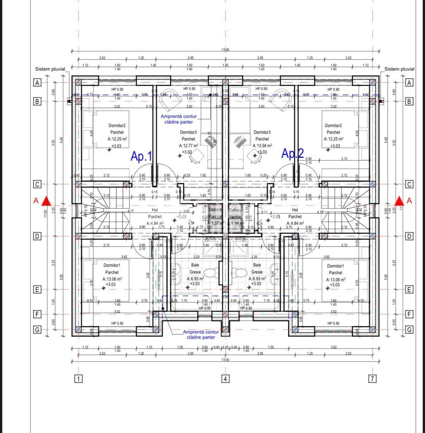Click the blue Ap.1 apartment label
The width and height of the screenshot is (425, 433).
(x=141, y=156)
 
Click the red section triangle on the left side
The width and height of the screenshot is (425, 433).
(x=47, y=200)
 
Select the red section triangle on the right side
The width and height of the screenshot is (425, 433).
(x=399, y=200)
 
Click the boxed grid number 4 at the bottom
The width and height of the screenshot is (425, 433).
(x=226, y=378)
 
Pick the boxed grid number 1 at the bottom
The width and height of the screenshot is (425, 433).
(x=79, y=378)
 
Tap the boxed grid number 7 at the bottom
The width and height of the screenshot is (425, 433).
(x=373, y=378)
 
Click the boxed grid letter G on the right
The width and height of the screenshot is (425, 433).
(x=409, y=330)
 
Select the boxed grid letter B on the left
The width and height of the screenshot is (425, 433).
(x=37, y=101)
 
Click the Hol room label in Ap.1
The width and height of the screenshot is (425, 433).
(x=154, y=210)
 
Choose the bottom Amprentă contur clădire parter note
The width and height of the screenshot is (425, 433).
(x=201, y=334)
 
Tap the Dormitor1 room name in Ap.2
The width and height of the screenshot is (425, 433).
(x=335, y=266)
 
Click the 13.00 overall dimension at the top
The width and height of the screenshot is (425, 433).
(x=226, y=50)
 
